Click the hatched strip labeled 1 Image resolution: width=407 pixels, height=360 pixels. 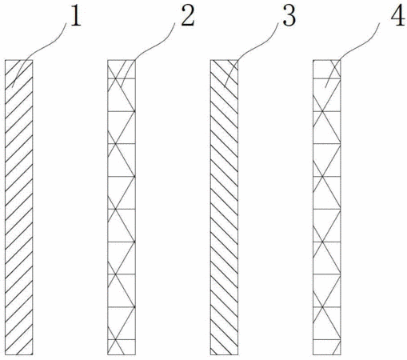19,207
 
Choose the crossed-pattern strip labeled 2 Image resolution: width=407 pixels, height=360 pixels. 122,207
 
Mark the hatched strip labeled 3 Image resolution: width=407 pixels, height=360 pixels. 224,207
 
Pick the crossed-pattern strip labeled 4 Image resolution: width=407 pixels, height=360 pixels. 327,207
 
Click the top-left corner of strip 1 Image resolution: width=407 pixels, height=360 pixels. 5,60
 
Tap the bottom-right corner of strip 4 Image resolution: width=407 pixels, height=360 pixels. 341,355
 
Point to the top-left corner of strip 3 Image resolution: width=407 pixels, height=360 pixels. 210,60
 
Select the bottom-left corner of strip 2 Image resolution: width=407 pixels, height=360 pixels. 108,355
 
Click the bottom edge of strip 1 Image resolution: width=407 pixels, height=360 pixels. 19,355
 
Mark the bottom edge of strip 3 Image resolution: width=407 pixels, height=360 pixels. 224,355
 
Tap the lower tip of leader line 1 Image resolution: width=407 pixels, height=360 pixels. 12,87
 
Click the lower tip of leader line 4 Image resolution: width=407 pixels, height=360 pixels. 325,87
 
